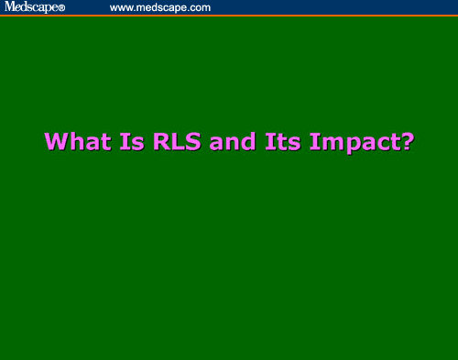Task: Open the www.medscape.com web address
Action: pos(160,7)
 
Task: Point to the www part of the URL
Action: pos(122,7)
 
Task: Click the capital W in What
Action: pos(55,142)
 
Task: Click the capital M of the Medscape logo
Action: pos(9,7)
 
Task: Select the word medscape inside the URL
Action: pos(162,7)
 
